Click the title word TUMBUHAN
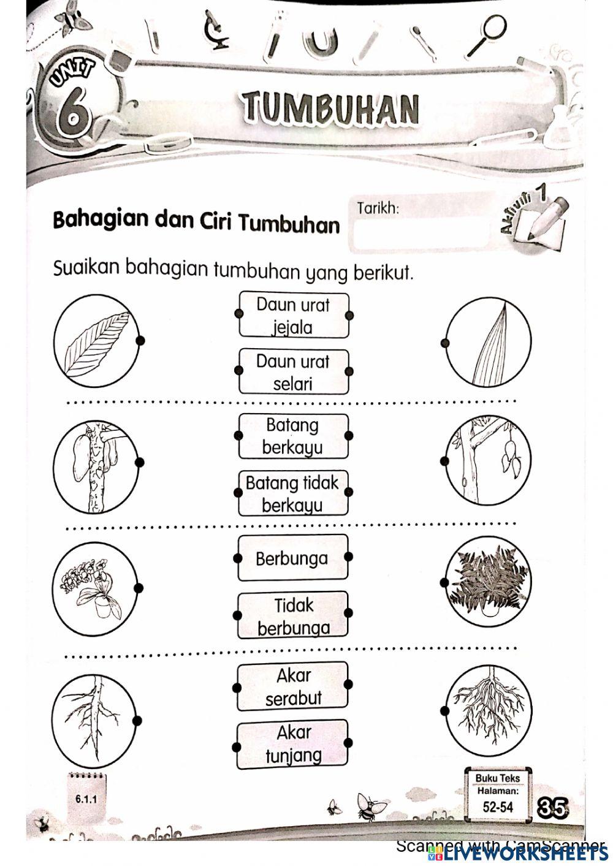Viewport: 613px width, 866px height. pos(332,108)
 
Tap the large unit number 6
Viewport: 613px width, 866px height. pos(73,113)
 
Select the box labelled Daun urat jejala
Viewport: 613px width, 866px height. pos(293,315)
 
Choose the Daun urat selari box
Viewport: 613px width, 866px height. pos(293,372)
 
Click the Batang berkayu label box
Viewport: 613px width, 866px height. pos(293,436)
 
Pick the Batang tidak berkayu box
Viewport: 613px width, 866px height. pos(292,493)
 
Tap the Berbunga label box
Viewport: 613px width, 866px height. pos(292,558)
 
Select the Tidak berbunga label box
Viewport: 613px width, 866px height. pos(292,615)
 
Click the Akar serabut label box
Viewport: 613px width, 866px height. pos(292,686)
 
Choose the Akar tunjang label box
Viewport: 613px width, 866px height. pos(292,743)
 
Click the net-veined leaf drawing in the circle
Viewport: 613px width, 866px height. pos(97,342)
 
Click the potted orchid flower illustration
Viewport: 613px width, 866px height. pos(95,587)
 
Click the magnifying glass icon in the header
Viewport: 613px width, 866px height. pos(487,34)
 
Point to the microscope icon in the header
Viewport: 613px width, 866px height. pos(216,29)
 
